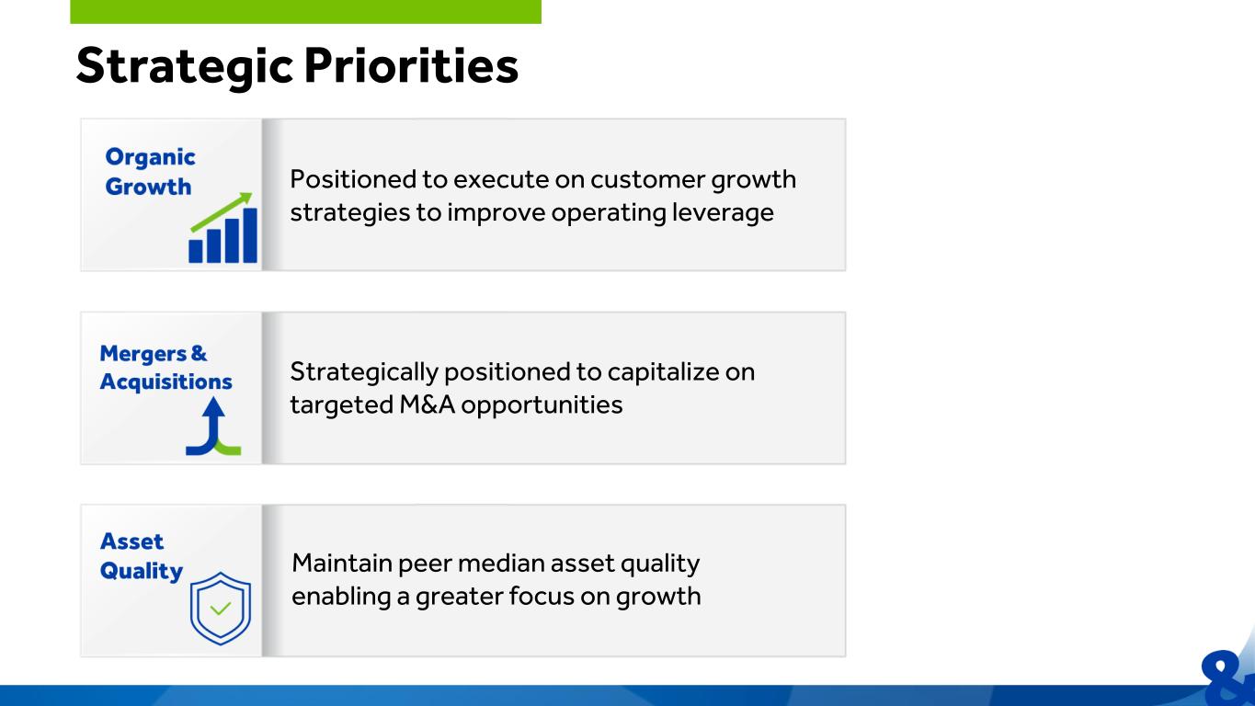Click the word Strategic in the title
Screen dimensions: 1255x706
[184, 67]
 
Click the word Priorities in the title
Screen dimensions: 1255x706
[411, 66]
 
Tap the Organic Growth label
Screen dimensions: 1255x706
[150, 172]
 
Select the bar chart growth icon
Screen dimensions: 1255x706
[223, 227]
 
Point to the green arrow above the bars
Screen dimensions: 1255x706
[222, 211]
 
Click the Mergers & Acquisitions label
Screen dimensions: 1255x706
[165, 367]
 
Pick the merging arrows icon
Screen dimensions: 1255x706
[213, 427]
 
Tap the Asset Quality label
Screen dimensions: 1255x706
[142, 556]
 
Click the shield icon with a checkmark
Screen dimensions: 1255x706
[220, 609]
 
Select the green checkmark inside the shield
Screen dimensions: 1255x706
[220, 608]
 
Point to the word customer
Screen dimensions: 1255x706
[647, 180]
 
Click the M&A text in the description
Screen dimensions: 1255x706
[427, 404]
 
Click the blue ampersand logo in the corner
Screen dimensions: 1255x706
[1227, 678]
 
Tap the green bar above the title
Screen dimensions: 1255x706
[305, 12]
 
